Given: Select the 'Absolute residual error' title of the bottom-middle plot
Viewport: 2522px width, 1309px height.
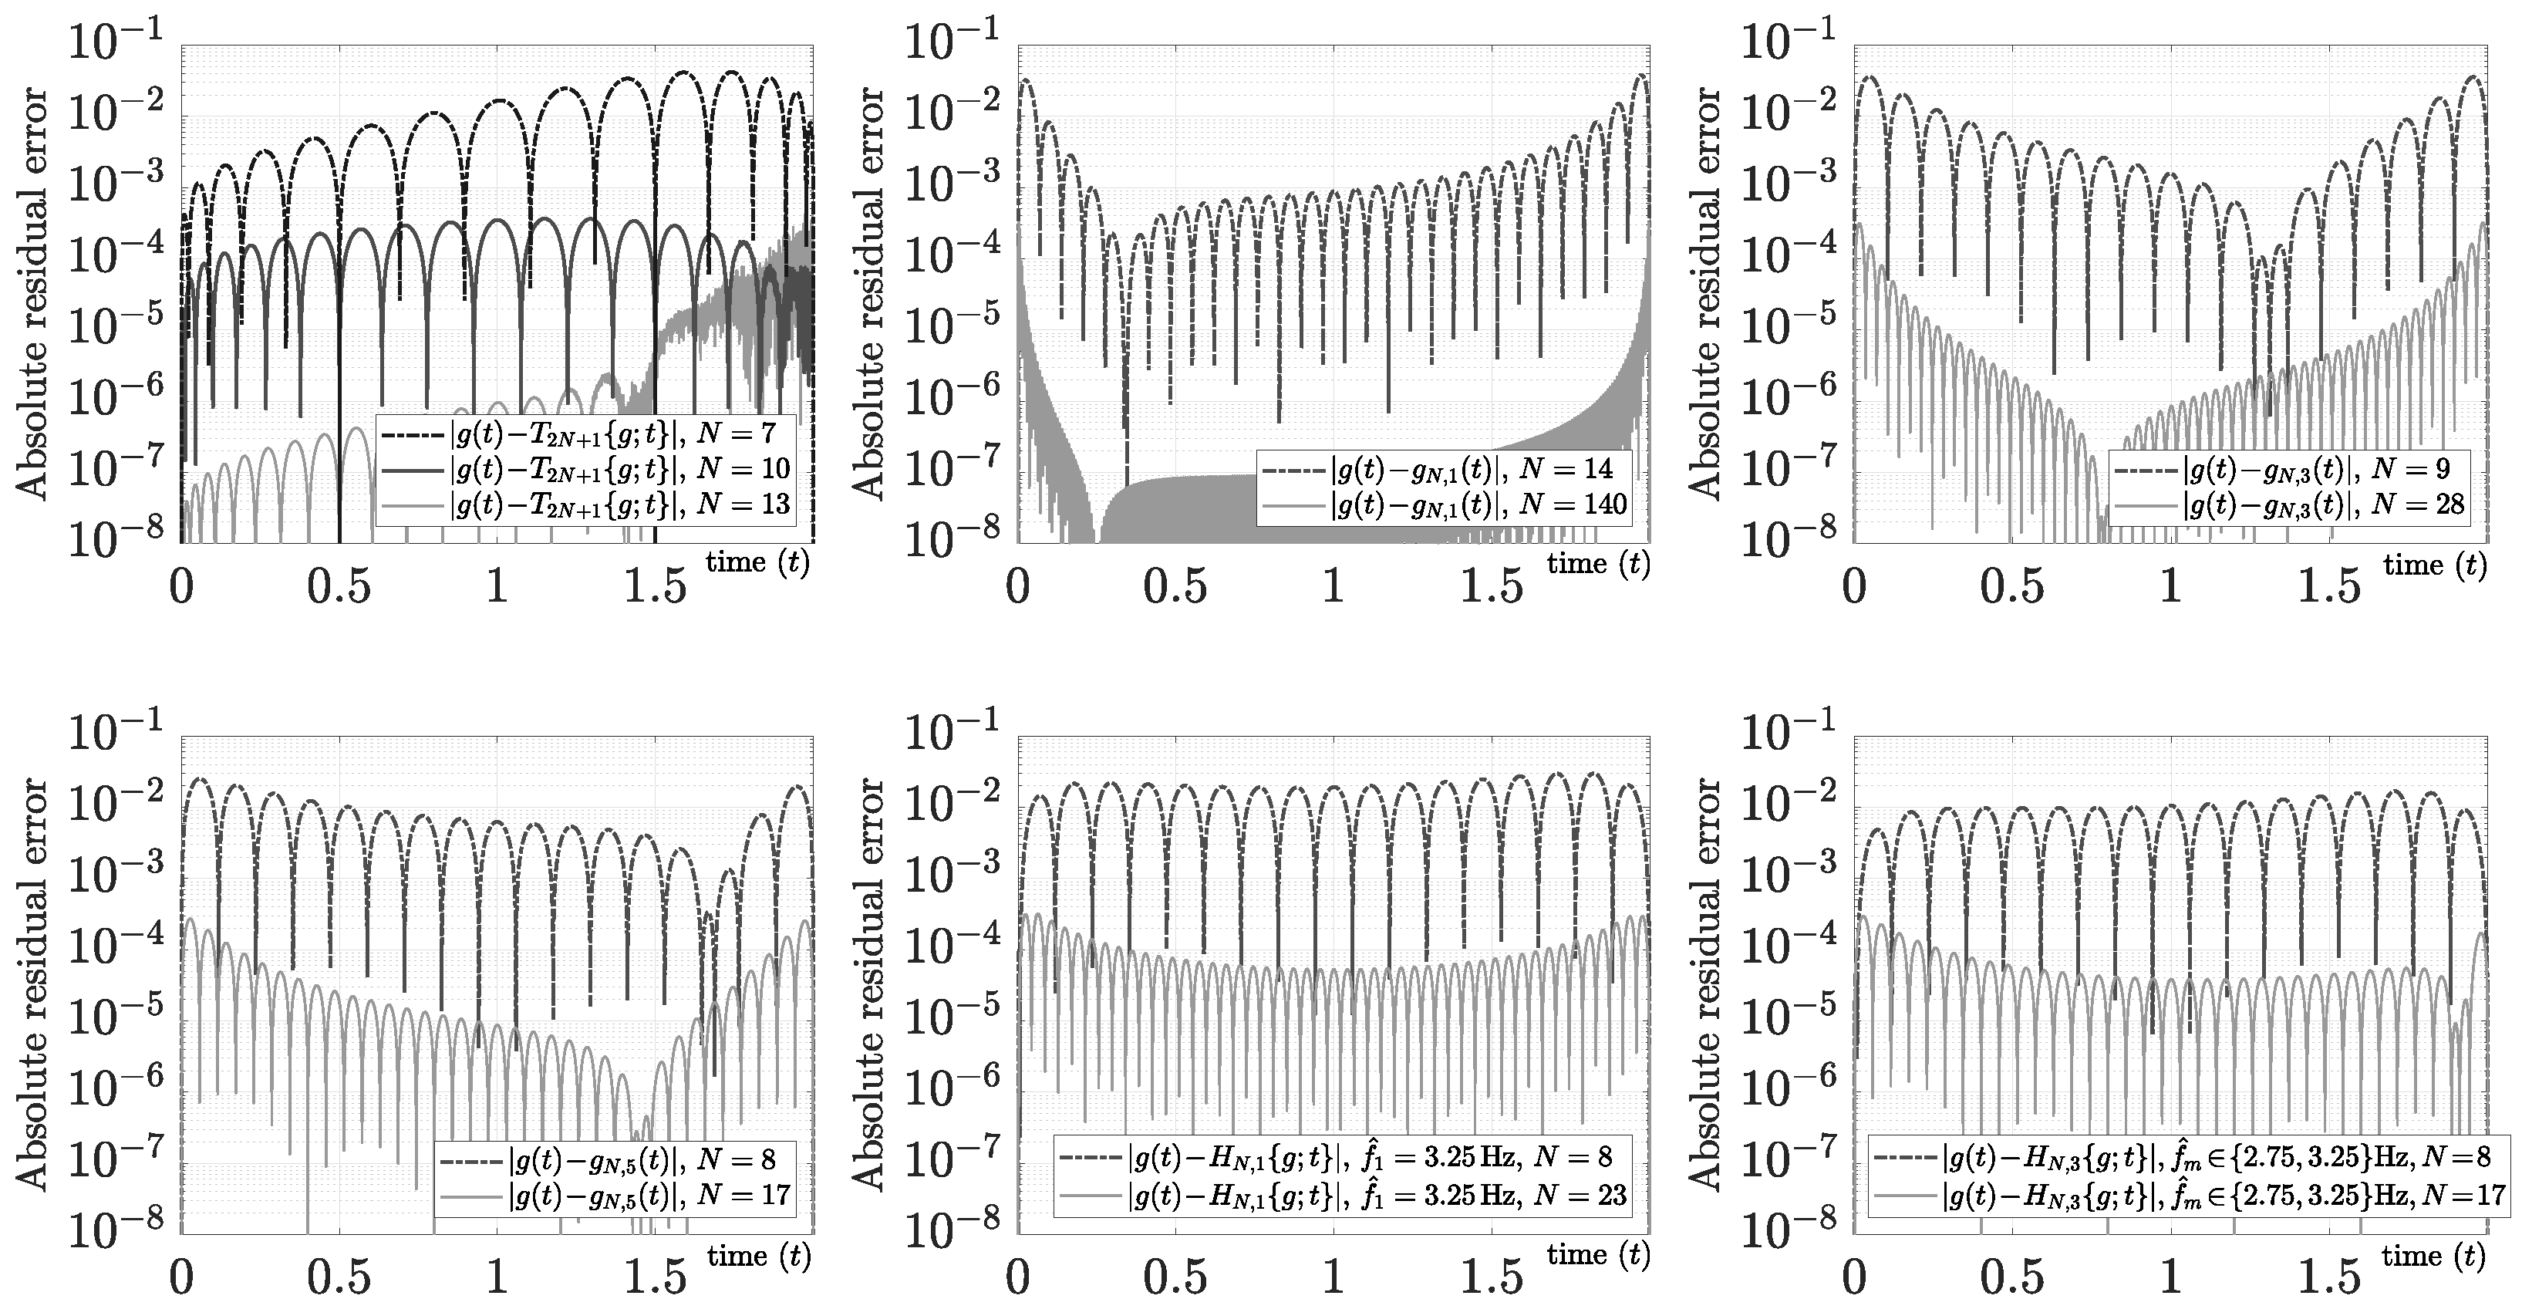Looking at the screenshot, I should tap(868, 984).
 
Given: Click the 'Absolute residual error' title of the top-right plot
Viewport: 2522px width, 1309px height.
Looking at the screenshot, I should tap(1704, 294).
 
